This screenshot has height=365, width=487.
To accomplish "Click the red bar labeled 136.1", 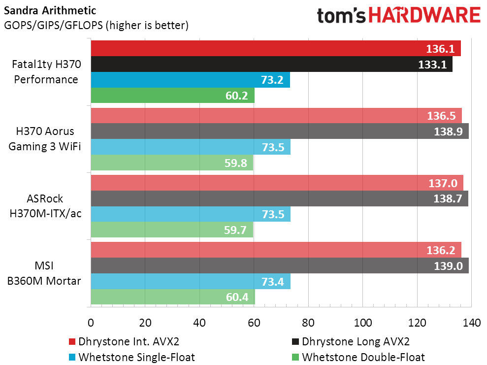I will point(276,48).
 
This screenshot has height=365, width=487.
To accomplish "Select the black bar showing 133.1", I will point(271,64).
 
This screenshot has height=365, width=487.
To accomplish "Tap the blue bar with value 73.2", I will point(190,80).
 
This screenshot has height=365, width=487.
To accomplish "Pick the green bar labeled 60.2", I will point(172,96).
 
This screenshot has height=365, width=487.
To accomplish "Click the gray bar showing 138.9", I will point(280,131).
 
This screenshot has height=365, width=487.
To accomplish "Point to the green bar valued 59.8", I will point(172,163).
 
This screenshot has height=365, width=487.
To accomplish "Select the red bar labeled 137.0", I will point(277,183).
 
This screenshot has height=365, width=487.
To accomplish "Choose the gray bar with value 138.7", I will point(279,199).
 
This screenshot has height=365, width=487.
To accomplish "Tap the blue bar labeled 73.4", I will point(191,281).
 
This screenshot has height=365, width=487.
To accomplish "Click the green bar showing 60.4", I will point(173,297).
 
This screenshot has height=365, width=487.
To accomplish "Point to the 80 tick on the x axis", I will point(308,323).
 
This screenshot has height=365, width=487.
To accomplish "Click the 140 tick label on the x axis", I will point(471,323).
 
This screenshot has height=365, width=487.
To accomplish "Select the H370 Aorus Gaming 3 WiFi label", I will point(46,139).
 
